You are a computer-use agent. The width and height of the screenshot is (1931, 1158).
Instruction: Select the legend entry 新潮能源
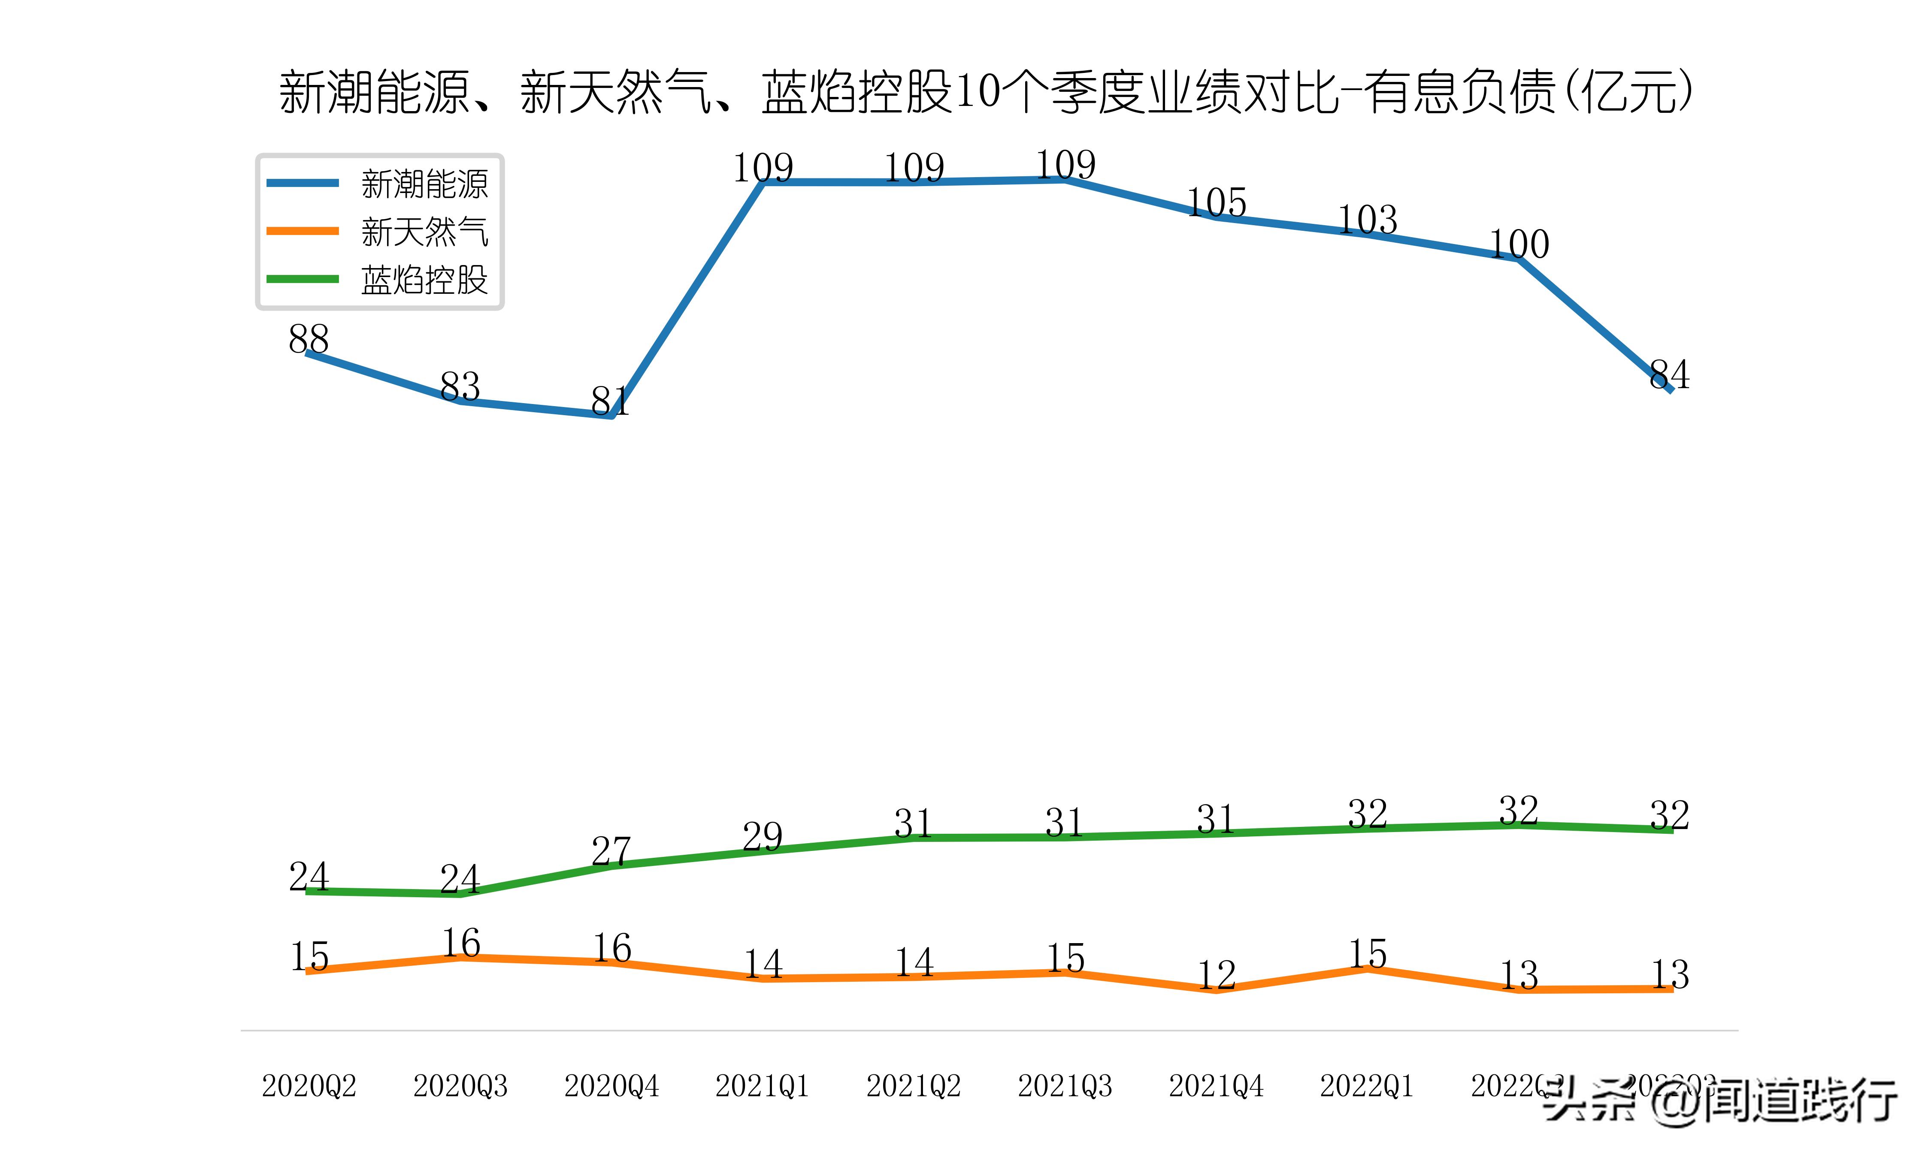[424, 184]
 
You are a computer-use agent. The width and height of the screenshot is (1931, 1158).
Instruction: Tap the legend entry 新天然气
[424, 232]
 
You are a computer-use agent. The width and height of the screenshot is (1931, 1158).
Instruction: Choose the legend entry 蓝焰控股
[424, 279]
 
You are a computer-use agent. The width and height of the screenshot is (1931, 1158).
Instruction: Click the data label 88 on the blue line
[309, 339]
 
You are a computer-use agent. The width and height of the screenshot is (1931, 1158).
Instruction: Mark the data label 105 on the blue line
[1216, 203]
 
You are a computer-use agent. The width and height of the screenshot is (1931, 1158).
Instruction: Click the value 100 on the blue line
[1519, 244]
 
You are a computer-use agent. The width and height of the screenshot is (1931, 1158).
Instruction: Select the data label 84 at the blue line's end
[1670, 374]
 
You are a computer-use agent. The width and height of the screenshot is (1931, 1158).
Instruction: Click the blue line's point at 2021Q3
[1065, 179]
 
